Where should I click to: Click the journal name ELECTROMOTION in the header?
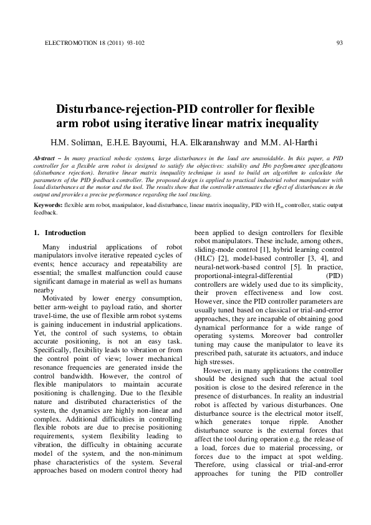68,43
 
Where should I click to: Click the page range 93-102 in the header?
135,43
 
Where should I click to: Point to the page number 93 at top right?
340,43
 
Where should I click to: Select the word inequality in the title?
288,123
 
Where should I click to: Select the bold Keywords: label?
48,205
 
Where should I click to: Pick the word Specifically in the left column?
54,347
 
